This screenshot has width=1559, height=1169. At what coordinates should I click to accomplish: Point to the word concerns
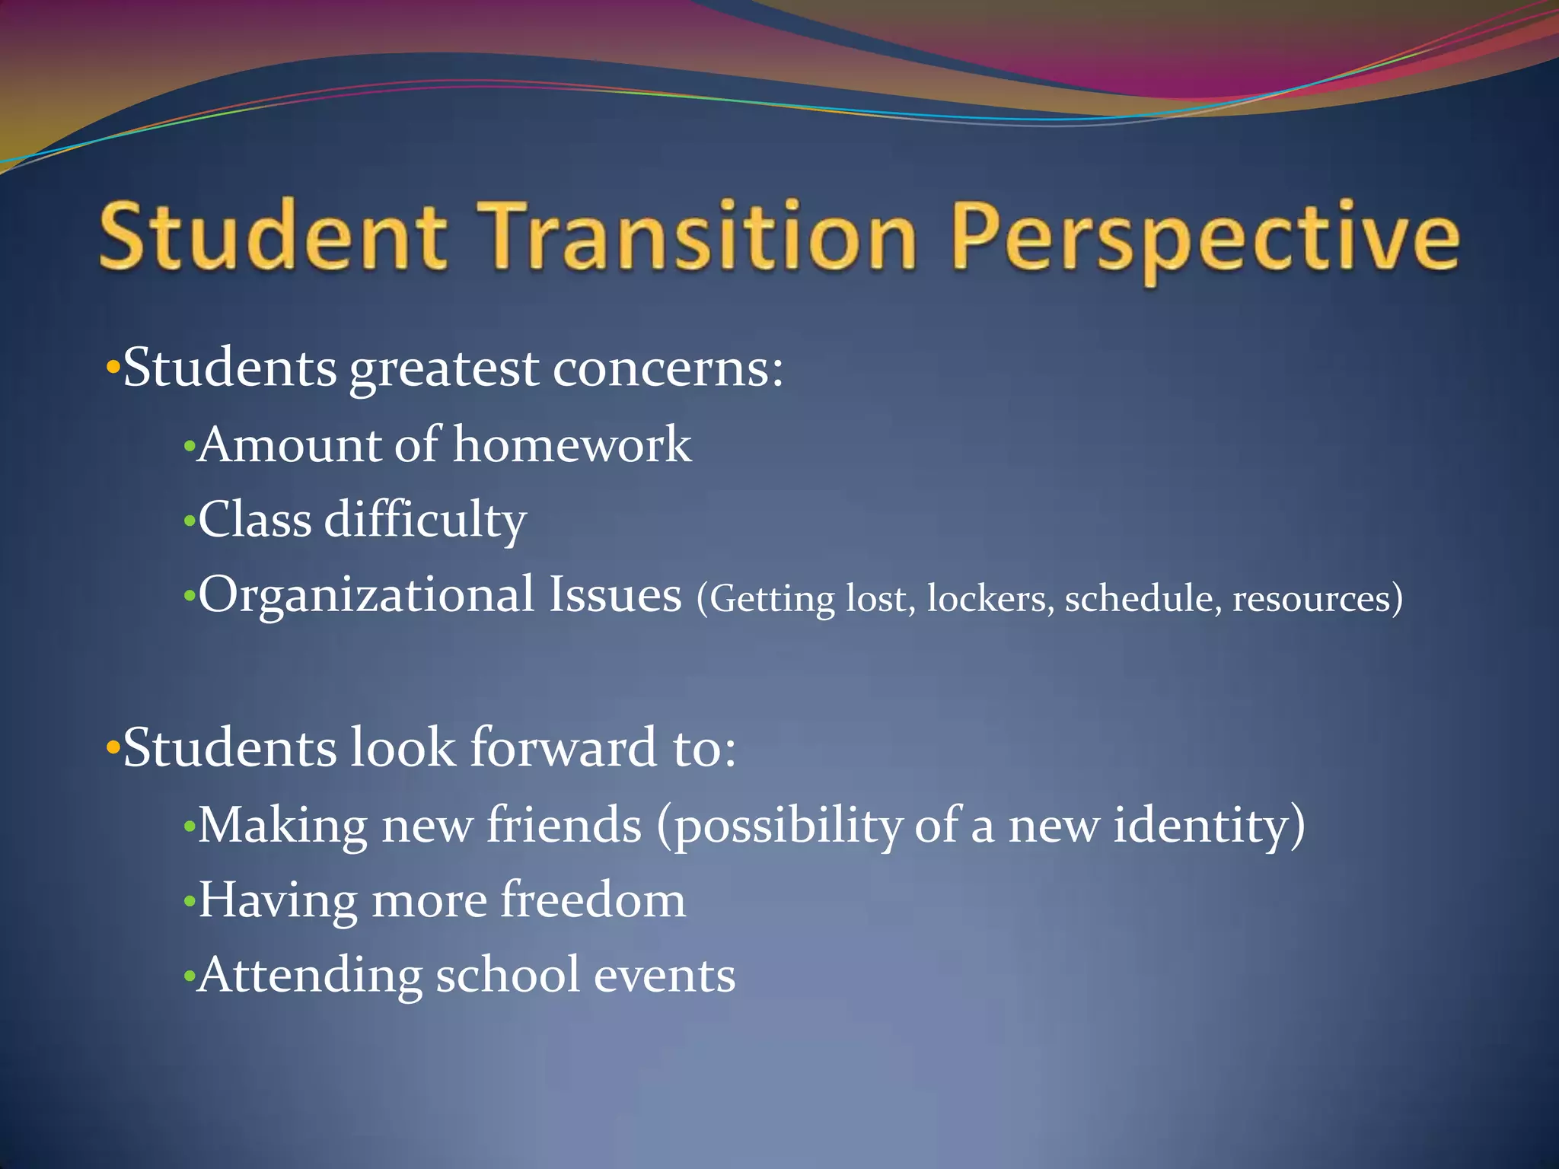coord(667,368)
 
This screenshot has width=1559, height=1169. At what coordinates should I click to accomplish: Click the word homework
coord(572,444)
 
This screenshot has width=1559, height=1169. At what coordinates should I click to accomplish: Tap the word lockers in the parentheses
coord(990,599)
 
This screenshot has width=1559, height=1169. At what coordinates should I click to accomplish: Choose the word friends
coord(564,825)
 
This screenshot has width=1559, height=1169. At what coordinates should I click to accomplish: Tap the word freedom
coord(593,900)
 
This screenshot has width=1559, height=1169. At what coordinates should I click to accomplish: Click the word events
coord(664,976)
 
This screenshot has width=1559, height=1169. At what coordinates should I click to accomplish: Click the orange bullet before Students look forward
coord(113,749)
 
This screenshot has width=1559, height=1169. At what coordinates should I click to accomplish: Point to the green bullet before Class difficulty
coord(189,522)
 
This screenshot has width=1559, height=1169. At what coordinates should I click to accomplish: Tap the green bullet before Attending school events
coord(189,977)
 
